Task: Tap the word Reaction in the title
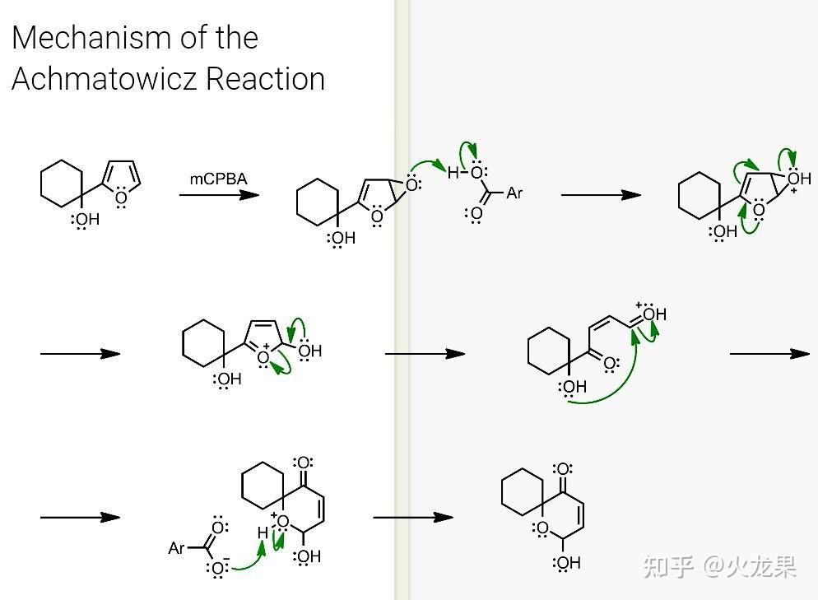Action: click(x=266, y=79)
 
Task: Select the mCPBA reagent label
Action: click(x=219, y=179)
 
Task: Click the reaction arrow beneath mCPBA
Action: click(x=219, y=195)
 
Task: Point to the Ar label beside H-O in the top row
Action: click(x=514, y=193)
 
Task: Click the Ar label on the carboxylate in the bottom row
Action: click(x=176, y=548)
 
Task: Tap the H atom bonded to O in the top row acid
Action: click(x=453, y=173)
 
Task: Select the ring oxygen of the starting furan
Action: click(x=121, y=198)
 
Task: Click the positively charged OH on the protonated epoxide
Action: click(x=799, y=179)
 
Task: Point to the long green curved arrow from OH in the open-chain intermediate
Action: click(x=616, y=387)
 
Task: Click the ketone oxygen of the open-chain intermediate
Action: click(x=609, y=364)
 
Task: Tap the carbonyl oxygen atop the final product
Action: click(x=563, y=468)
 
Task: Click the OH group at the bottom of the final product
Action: click(x=566, y=563)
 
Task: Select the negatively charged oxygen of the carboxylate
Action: click(x=219, y=568)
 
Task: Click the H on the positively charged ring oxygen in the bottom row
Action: click(x=263, y=533)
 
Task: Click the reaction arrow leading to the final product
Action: click(x=413, y=518)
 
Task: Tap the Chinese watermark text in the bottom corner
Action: click(x=720, y=567)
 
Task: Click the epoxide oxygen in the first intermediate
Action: click(x=412, y=184)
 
